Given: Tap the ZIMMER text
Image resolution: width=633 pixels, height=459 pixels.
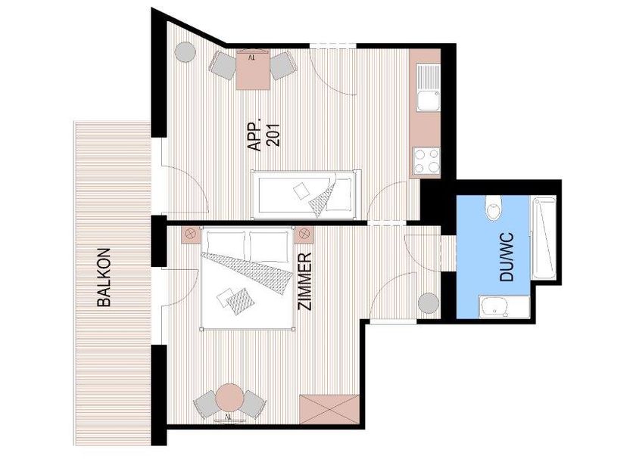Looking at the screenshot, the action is [305, 281].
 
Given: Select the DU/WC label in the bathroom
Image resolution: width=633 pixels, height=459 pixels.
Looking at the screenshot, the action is [507, 256].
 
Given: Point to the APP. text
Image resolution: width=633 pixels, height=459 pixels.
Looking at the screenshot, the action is [254, 135].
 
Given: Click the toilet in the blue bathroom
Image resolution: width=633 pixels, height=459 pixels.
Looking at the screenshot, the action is [494, 207].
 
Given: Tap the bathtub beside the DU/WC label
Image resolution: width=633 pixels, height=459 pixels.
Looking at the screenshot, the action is [544, 237].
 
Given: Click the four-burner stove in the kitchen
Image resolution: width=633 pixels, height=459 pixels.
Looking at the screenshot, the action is [426, 161].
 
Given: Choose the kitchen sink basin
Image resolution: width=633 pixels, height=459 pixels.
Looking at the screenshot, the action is [429, 101].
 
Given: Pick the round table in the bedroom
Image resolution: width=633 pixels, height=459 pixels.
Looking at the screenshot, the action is [229, 397].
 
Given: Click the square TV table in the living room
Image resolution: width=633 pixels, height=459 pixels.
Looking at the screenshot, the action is [253, 70].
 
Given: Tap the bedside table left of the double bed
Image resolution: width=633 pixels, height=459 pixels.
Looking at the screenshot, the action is [191, 234].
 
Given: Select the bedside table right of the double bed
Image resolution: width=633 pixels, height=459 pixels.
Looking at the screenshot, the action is [304, 234].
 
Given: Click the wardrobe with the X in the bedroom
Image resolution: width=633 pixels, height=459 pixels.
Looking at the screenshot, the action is [329, 409].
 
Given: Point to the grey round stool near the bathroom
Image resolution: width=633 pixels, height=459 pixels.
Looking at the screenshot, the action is [428, 303].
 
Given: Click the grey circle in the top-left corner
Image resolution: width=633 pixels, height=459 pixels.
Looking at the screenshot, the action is [186, 52].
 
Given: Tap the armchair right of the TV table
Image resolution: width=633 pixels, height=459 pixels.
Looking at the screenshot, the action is [282, 65].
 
